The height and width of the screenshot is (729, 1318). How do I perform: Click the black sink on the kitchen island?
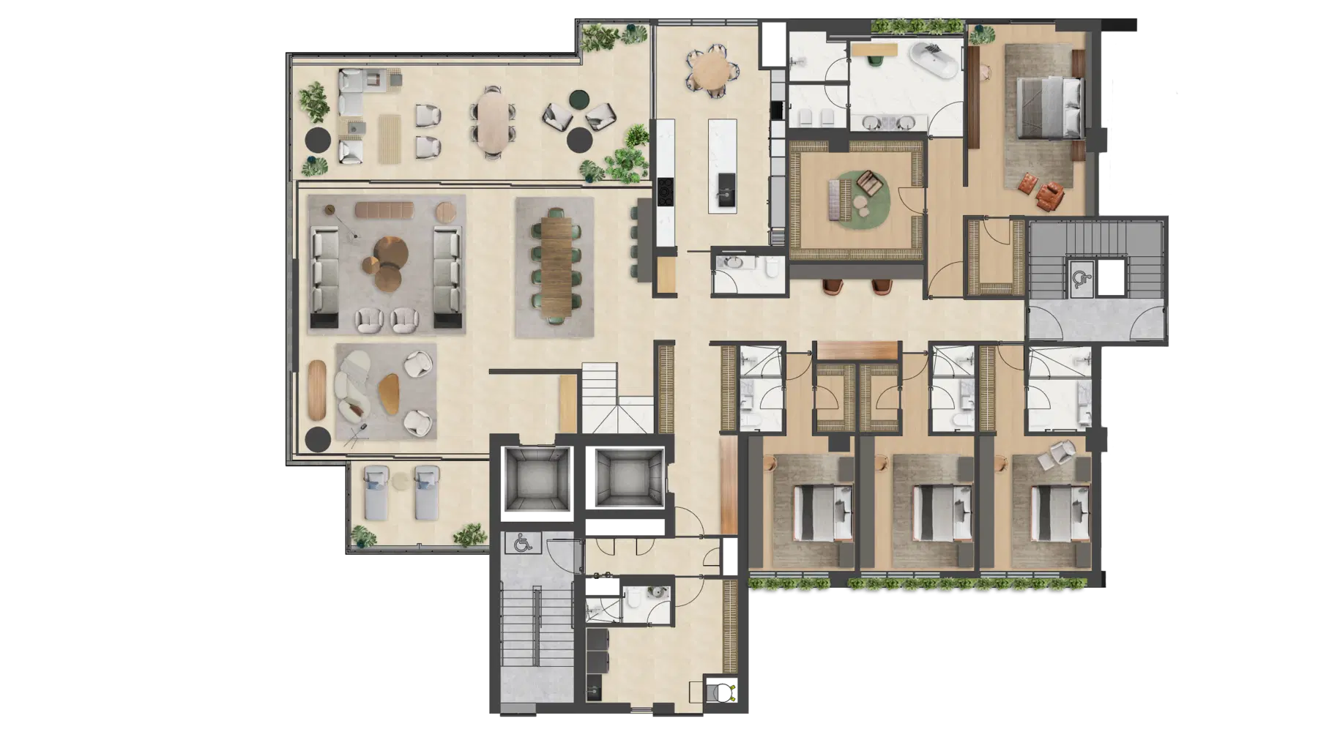point(726,182)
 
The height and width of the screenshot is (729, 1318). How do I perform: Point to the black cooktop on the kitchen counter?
point(666,192)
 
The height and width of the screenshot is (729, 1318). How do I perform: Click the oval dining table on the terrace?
point(492,121)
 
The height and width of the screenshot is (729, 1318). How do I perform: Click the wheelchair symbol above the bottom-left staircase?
point(521,542)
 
